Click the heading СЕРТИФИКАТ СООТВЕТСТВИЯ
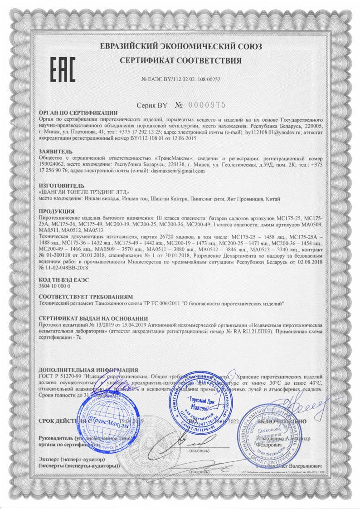(180, 60)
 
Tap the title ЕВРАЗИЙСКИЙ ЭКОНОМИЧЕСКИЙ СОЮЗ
(180, 46)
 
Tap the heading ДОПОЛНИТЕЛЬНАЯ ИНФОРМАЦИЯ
(89, 370)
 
